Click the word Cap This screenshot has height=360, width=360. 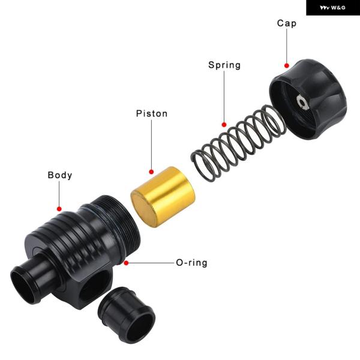pyautogui.click(x=287, y=23)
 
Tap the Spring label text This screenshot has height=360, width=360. pyautogui.click(x=224, y=65)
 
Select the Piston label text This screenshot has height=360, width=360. pyautogui.click(x=152, y=113)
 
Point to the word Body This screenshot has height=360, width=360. pyautogui.click(x=60, y=175)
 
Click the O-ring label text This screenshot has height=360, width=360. pyautogui.click(x=191, y=263)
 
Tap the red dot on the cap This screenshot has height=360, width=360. pyautogui.click(x=287, y=65)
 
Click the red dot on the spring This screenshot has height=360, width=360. pyautogui.click(x=224, y=125)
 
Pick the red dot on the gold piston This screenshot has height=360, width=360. pyautogui.click(x=151, y=172)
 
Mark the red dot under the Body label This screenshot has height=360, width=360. pyautogui.click(x=59, y=209)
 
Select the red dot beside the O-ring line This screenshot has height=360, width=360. pyautogui.click(x=126, y=263)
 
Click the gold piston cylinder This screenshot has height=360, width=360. pyautogui.click(x=163, y=197)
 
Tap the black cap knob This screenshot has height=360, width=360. pyautogui.click(x=308, y=99)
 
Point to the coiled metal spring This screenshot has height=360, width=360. pyautogui.click(x=238, y=143)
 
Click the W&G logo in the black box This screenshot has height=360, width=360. pyautogui.click(x=332, y=8)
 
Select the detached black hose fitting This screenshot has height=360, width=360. pyautogui.click(x=127, y=315)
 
